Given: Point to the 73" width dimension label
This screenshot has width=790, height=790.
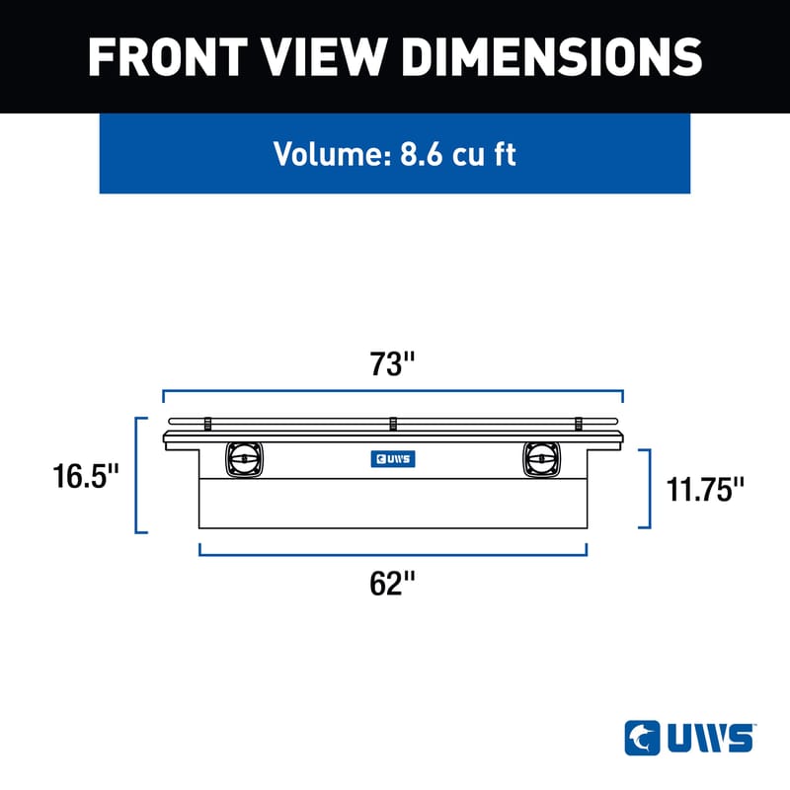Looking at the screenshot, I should coord(393,364).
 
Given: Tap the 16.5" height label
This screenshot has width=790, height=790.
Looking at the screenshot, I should coord(87,477).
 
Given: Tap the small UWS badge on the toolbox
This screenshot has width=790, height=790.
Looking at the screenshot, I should coord(392,458).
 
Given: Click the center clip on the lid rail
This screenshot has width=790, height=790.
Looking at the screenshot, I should coord(392,424).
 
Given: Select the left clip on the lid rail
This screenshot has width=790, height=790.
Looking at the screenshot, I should coord(208,424).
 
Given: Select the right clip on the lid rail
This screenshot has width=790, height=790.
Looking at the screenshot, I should coord(577,424).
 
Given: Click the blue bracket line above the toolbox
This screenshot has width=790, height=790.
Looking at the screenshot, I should coord(392,391).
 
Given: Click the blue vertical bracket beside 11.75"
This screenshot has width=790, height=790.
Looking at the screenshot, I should coord(649,488).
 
